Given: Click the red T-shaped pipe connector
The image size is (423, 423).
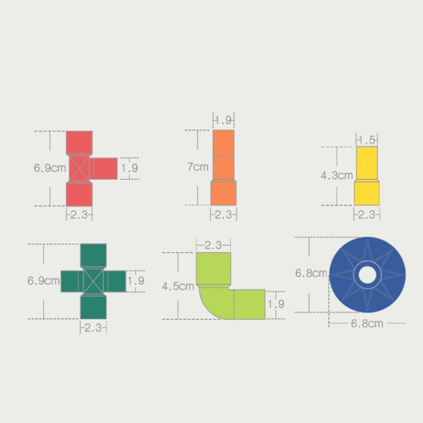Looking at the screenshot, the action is [80, 169].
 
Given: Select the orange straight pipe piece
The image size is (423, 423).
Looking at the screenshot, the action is [223, 168].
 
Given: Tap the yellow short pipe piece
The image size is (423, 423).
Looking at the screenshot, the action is [367, 176].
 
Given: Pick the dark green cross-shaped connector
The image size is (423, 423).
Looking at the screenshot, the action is [93, 281].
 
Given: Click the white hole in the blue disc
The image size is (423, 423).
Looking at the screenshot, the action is [367, 275].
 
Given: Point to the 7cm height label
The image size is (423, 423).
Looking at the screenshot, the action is [198, 167].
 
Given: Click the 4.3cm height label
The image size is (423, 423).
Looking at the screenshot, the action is [337, 175].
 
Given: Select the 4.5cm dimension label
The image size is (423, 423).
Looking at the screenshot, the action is [178, 286].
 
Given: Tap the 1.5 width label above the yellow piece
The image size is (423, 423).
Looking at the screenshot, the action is [367, 140].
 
